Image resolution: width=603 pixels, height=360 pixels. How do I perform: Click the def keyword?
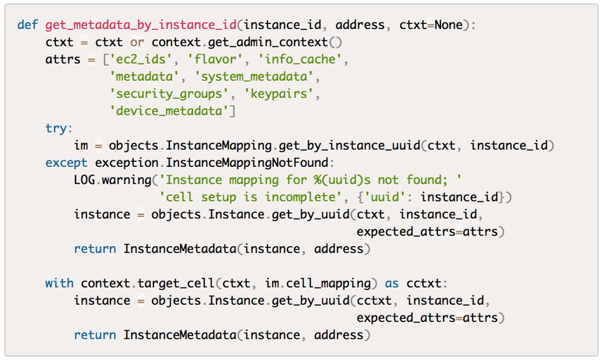[27, 25]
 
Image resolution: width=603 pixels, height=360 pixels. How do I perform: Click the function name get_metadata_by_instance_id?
[142, 25]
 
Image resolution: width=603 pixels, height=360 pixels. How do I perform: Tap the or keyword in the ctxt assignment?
[137, 42]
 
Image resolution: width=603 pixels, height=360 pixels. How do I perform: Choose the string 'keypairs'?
[279, 94]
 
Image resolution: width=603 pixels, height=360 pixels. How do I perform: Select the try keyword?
[56, 128]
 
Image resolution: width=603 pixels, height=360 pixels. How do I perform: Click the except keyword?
[66, 163]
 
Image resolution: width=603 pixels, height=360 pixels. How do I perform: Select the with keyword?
[59, 284]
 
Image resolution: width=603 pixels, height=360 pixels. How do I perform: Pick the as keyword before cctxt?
[391, 284]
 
